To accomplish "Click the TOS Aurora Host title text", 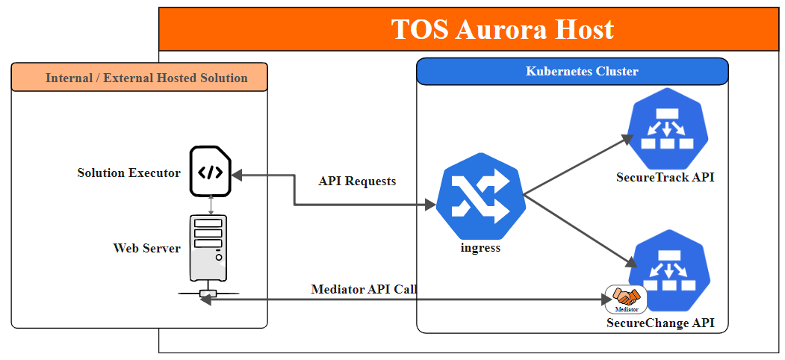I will click(x=502, y=29).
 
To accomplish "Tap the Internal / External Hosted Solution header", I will click(x=146, y=78).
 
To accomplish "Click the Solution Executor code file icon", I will click(x=210, y=172).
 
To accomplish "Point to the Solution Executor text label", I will click(x=128, y=173).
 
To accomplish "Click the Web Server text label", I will click(x=146, y=248).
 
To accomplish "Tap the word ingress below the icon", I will click(x=480, y=248).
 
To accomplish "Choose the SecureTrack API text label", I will click(x=665, y=178).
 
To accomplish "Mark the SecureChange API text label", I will click(x=660, y=323).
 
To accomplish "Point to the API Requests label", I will click(x=357, y=181).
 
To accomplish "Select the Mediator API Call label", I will click(x=364, y=289).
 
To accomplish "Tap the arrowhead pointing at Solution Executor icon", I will click(x=236, y=174).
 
